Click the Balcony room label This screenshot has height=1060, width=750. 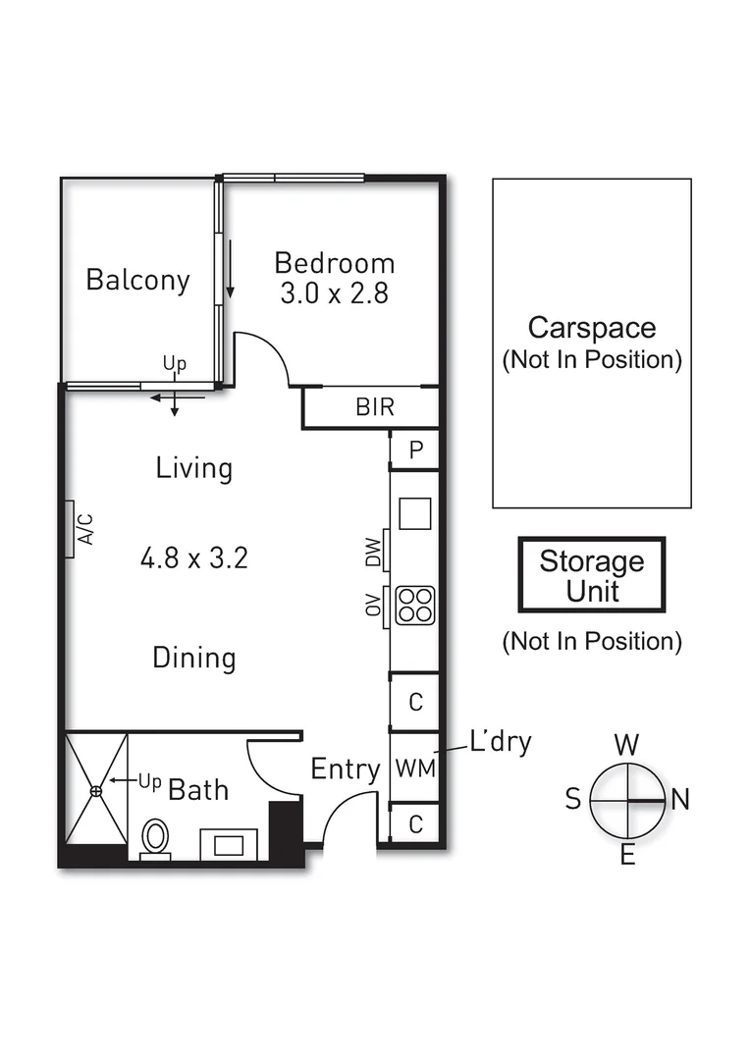pyautogui.click(x=137, y=280)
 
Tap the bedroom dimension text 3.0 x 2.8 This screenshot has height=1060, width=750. pyautogui.click(x=334, y=293)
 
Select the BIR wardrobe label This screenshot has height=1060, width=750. pyautogui.click(x=374, y=407)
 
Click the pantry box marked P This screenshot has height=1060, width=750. pyautogui.click(x=415, y=450)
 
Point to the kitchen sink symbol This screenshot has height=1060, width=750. pyautogui.click(x=414, y=513)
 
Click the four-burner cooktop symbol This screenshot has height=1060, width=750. pyautogui.click(x=414, y=604)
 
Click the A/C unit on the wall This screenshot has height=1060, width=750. pyautogui.click(x=71, y=529)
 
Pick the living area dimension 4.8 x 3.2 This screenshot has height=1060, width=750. pyautogui.click(x=193, y=559)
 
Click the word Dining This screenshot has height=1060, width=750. pyautogui.click(x=193, y=658)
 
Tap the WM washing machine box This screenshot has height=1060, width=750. pyautogui.click(x=414, y=768)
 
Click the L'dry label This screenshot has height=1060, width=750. pyautogui.click(x=500, y=742)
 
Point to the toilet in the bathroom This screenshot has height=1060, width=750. pyautogui.click(x=155, y=839)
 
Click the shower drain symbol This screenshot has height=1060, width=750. pyautogui.click(x=96, y=790)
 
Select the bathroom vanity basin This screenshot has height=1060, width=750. pyautogui.click(x=229, y=844)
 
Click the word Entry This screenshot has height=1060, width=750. pyautogui.click(x=345, y=769)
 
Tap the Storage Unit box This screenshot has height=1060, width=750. pyautogui.click(x=592, y=575)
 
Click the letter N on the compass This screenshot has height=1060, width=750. pyautogui.click(x=679, y=800)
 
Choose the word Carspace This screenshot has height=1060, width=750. pyautogui.click(x=591, y=327)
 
